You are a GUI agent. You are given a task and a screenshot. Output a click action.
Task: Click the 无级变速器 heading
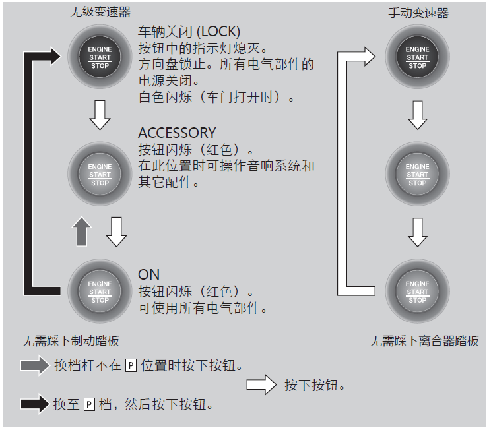tap(100, 13)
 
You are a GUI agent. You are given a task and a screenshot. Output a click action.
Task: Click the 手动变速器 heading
tap(418, 13)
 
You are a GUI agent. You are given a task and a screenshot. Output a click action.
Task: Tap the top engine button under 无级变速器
tap(100, 57)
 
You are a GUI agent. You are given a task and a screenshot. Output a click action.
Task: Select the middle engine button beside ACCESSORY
tap(100, 174)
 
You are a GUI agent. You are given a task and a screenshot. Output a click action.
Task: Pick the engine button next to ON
tap(100, 292)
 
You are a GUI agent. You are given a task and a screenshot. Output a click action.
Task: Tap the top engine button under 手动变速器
tap(417, 57)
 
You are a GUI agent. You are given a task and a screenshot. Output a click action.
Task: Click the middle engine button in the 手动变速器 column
tap(417, 174)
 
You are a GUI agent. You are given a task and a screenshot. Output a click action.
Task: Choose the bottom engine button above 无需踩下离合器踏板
tap(417, 292)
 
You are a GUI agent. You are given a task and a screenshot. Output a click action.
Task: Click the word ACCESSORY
tap(176, 133)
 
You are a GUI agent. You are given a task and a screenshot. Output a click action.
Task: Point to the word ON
tap(148, 274)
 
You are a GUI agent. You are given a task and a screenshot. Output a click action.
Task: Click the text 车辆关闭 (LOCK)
tap(189, 32)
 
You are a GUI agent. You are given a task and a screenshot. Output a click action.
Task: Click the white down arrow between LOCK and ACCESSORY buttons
tap(100, 115)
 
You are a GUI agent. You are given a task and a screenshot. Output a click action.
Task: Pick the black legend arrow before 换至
tap(35, 404)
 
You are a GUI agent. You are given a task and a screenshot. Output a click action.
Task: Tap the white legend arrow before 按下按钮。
tap(261, 385)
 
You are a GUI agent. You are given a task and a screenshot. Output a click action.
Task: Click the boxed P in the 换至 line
tap(90, 404)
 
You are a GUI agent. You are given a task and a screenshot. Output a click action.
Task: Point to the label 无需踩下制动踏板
tap(71, 341)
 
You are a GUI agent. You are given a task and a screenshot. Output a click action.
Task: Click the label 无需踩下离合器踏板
tap(424, 341)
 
